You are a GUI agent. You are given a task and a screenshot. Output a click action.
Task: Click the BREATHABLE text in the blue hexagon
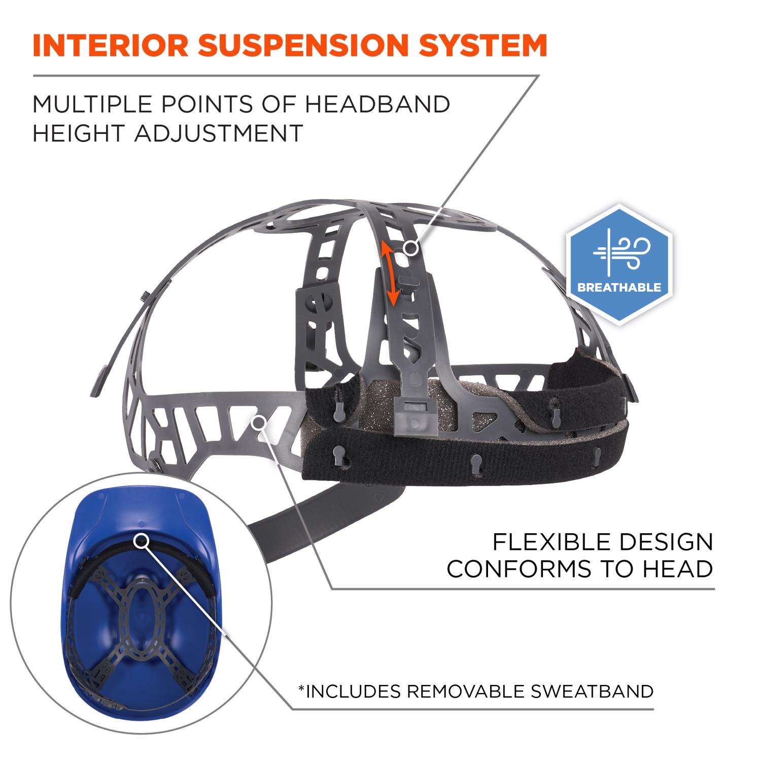coord(619,288)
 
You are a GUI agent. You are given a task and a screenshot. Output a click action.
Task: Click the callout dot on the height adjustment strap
coord(411,248)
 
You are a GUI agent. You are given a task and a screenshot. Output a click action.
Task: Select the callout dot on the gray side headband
coord(259,421)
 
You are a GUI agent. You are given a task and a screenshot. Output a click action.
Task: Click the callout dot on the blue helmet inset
coord(141,541)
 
